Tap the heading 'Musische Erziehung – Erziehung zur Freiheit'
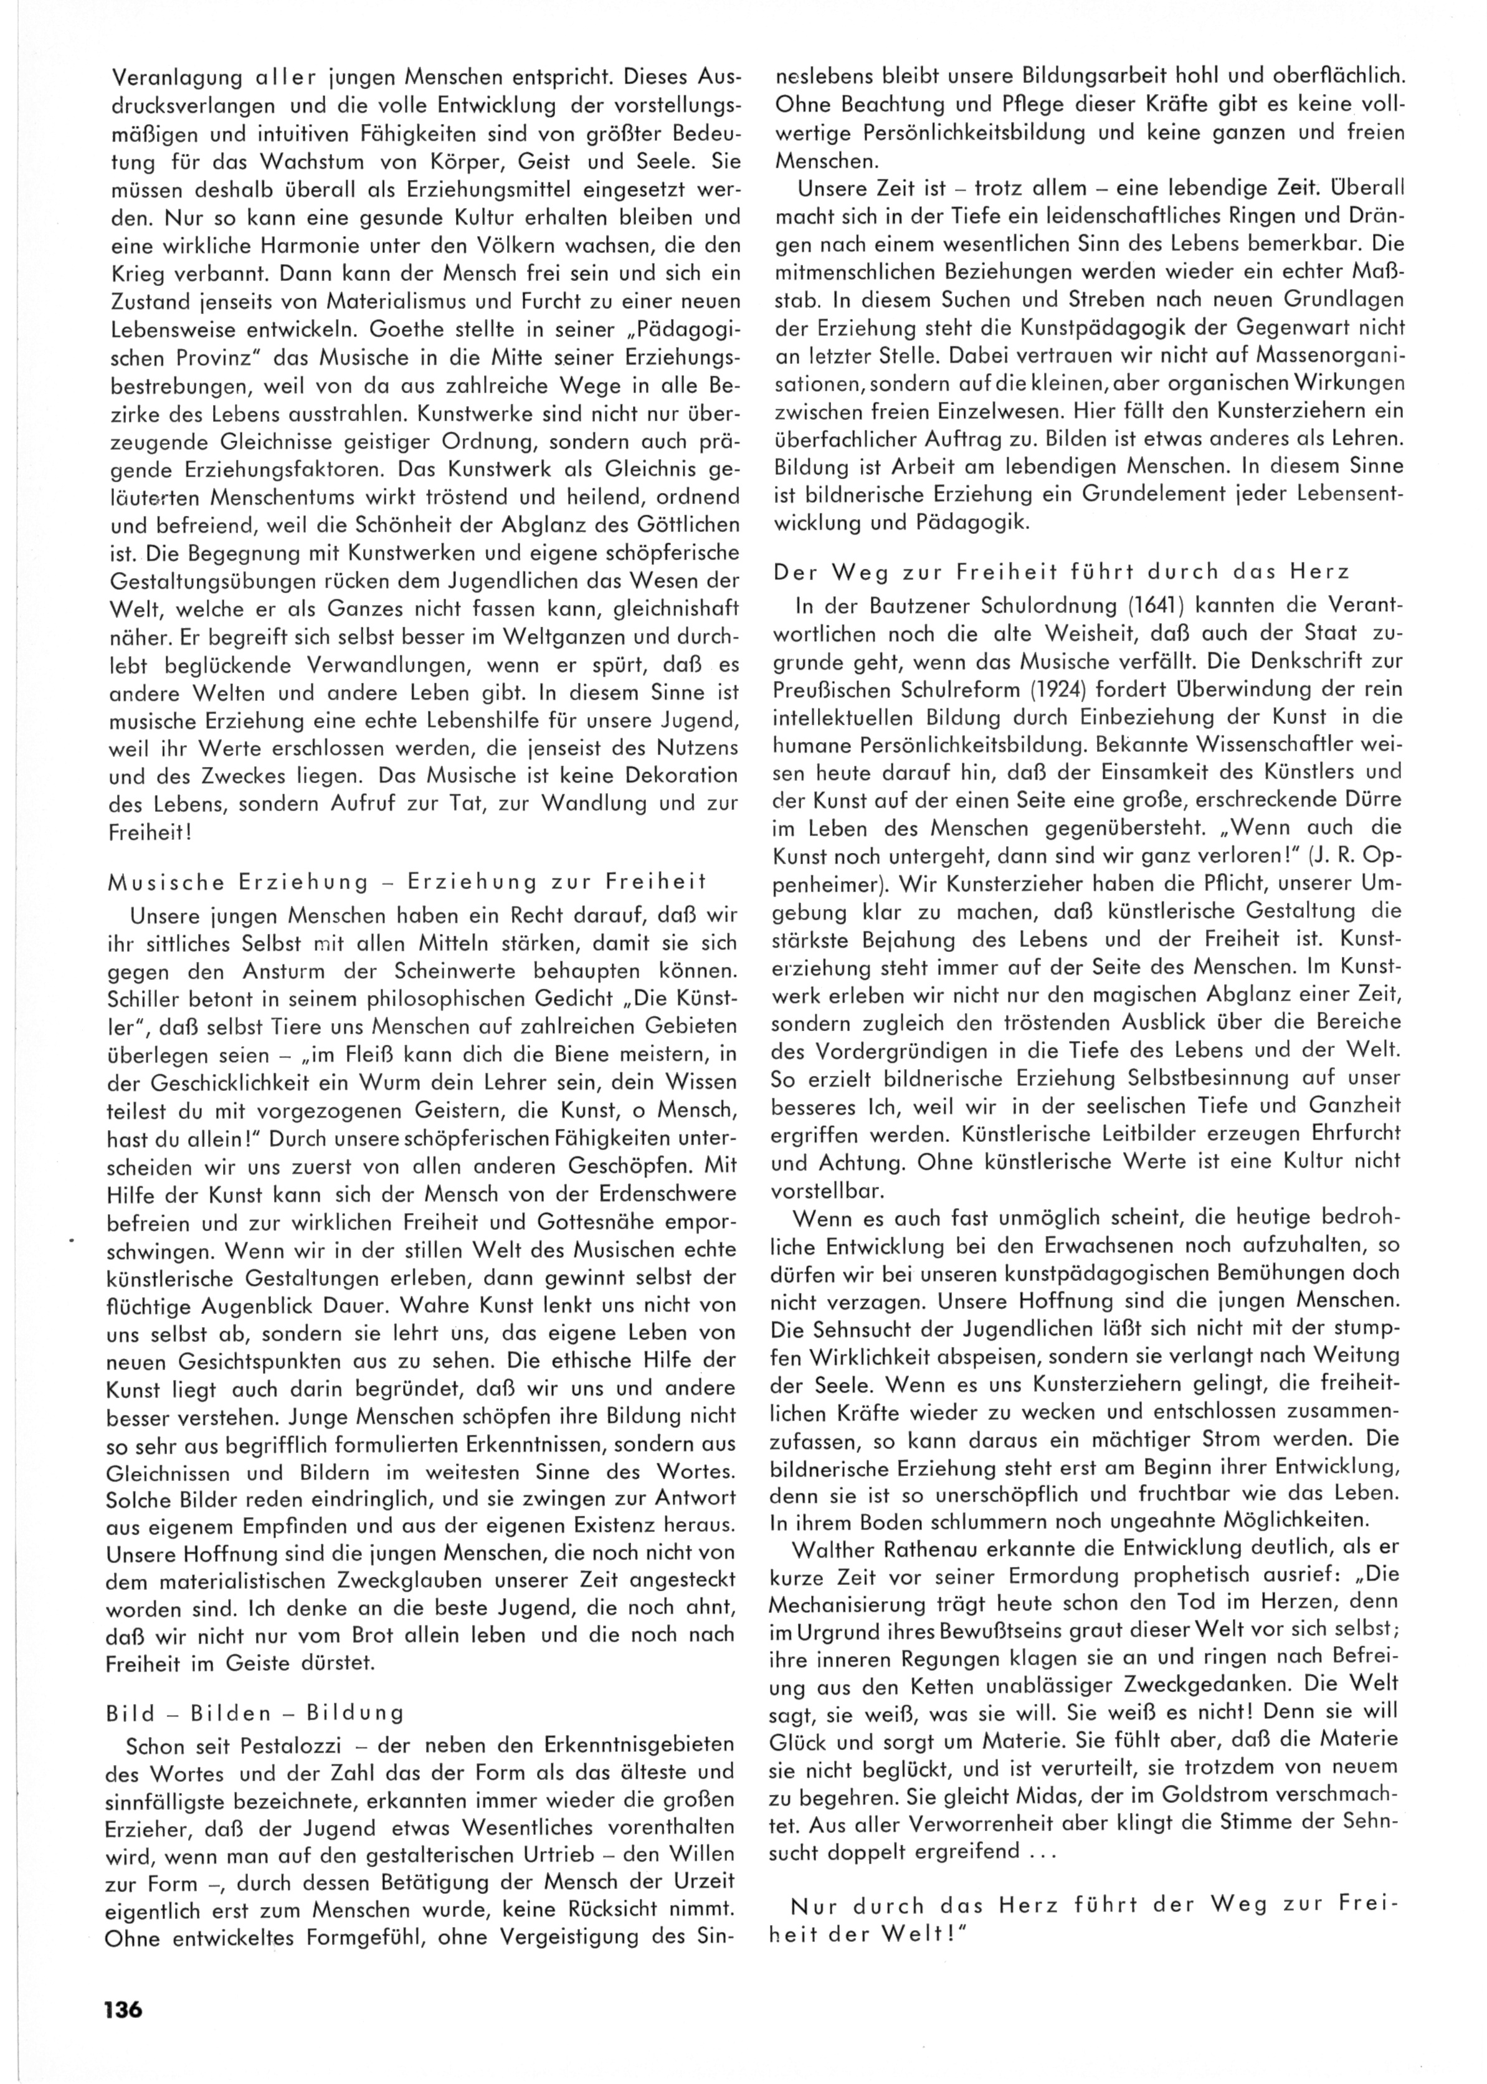pyautogui.click(x=407, y=883)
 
